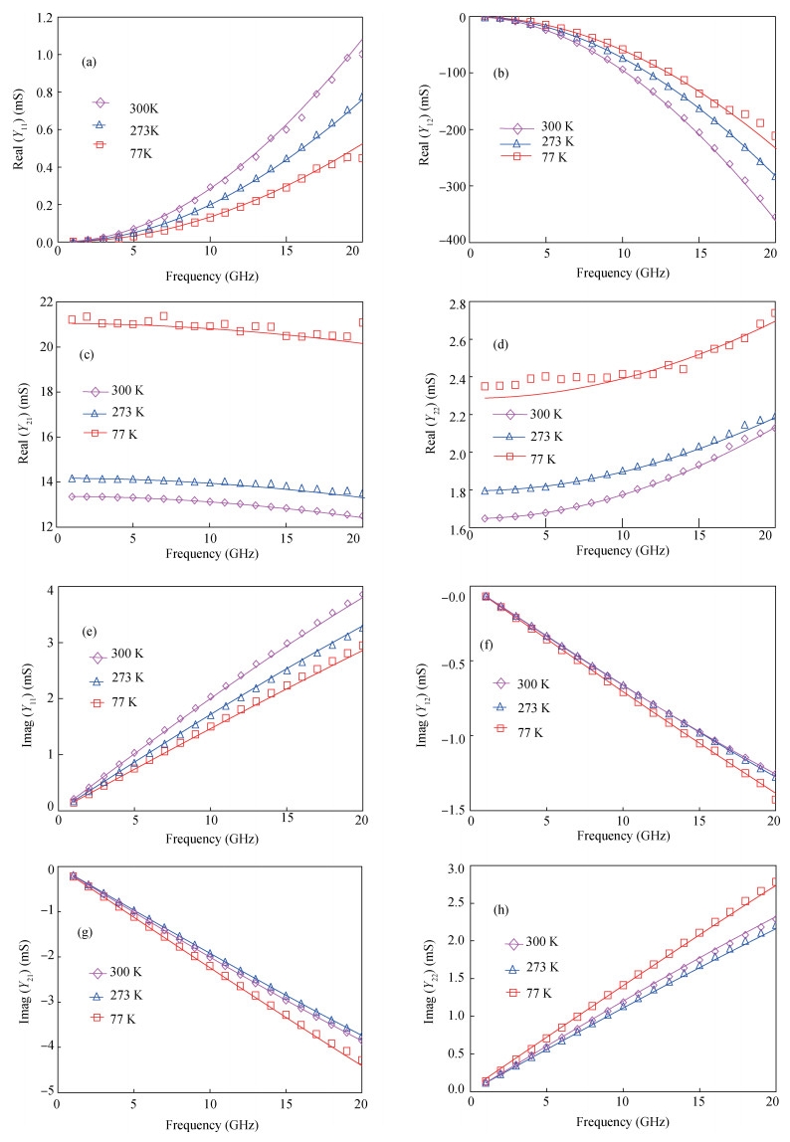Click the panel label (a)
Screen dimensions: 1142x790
pyautogui.click(x=89, y=62)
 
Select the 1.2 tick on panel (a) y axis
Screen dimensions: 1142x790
pyautogui.click(x=48, y=18)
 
